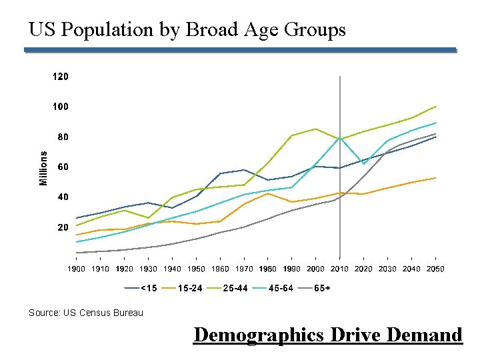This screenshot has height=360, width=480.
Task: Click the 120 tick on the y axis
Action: point(60,77)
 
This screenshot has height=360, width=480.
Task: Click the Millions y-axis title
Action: point(44,167)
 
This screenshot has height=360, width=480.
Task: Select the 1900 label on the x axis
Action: point(77,269)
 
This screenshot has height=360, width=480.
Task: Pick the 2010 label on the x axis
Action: point(339,269)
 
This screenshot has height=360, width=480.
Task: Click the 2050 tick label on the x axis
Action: point(435,269)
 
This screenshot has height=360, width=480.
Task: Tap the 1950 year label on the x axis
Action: point(196,269)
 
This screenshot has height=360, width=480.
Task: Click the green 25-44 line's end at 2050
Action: point(435,107)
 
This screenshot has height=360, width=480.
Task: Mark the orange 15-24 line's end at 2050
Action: point(435,178)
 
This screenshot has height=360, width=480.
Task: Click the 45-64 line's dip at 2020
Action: point(363,163)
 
